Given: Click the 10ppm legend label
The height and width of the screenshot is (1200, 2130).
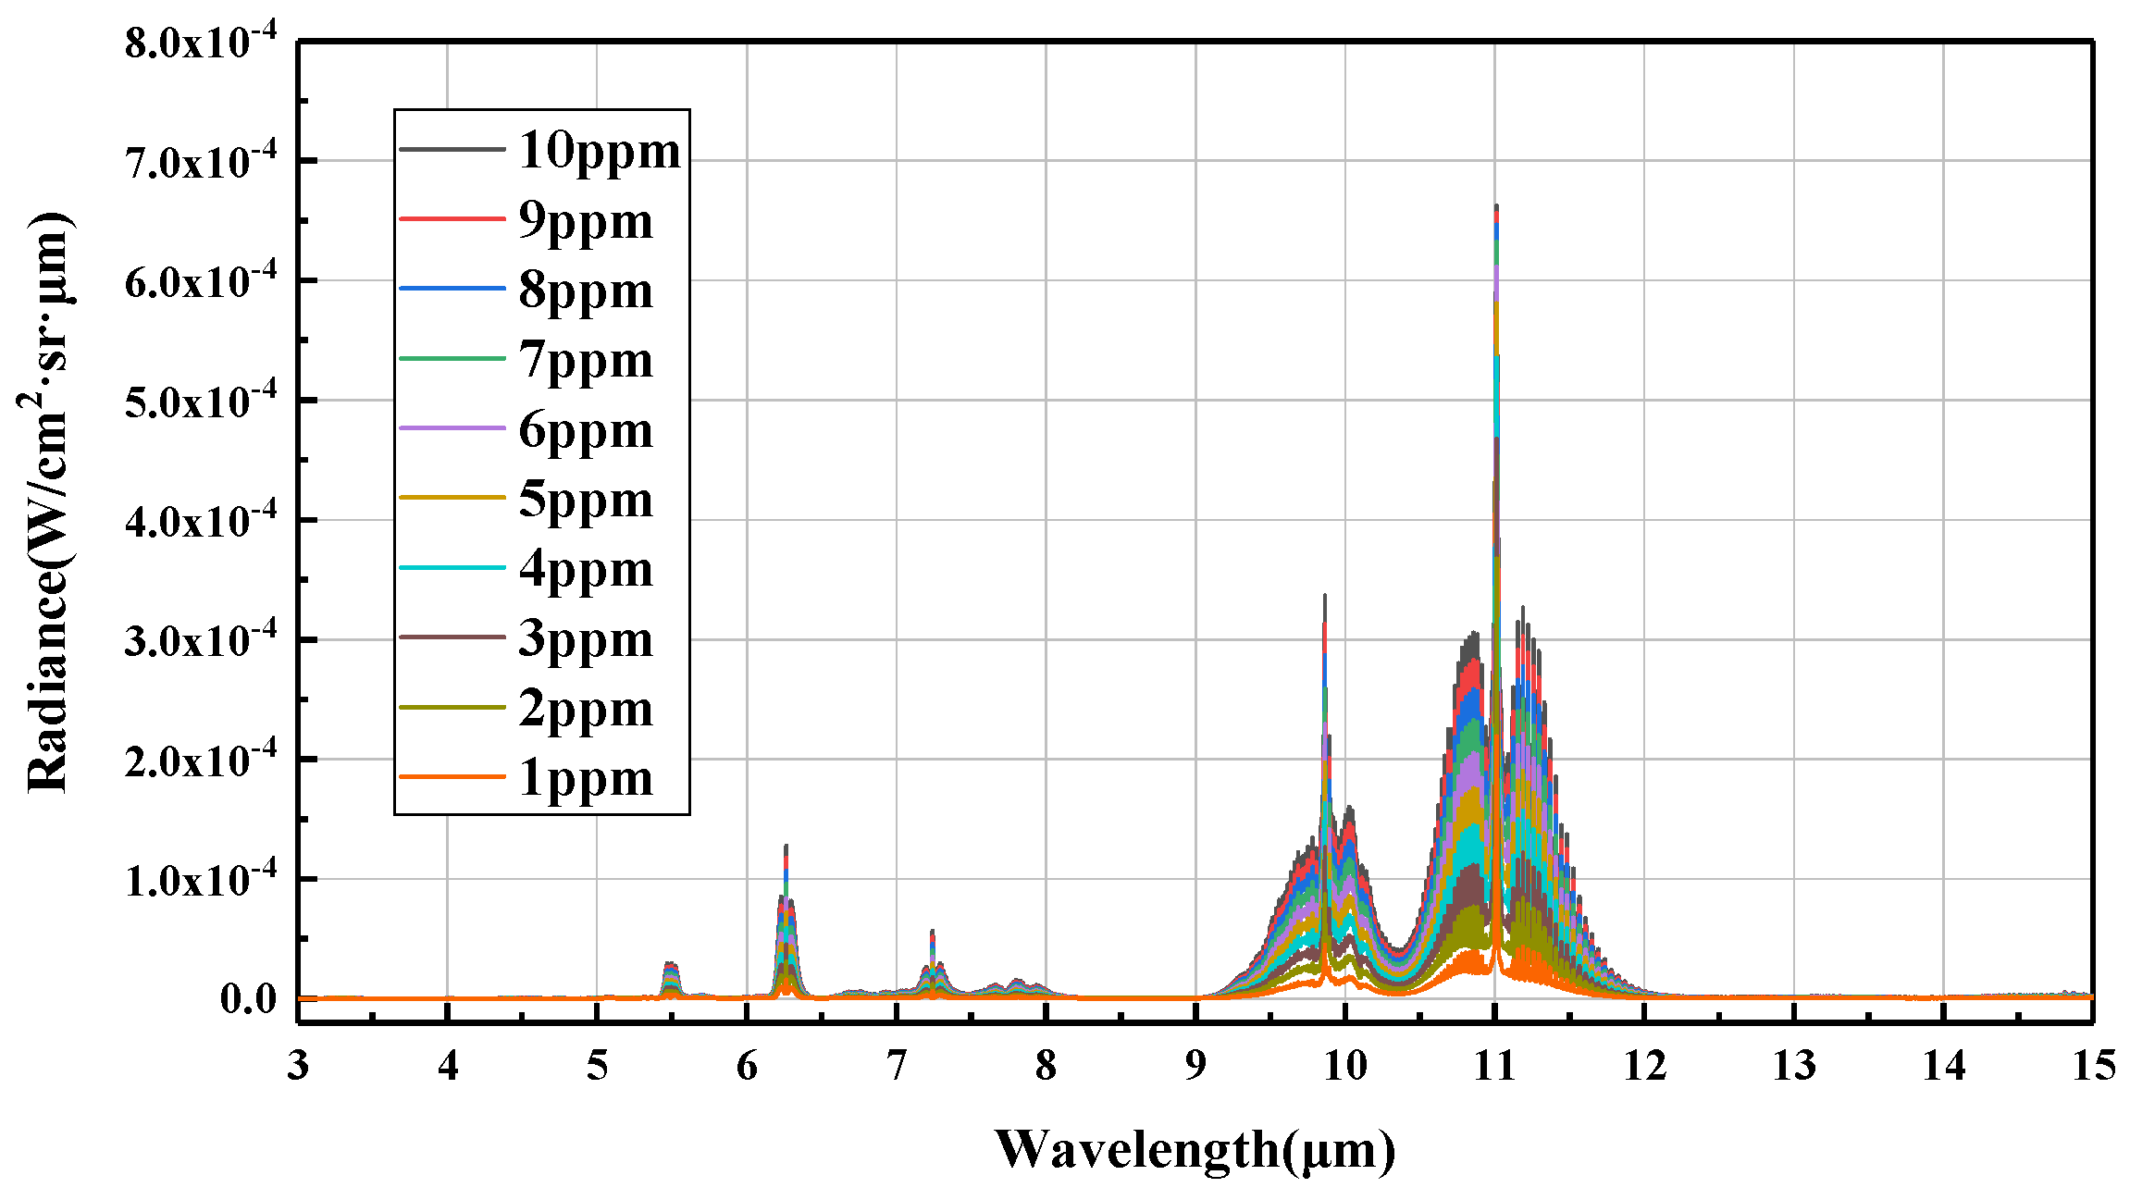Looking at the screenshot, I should tap(599, 151).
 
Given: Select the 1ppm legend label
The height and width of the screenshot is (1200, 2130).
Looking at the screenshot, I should tap(585, 778).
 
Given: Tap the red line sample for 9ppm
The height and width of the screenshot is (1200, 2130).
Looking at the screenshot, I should tap(452, 219).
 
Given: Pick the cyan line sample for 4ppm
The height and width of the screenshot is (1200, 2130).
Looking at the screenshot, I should tap(452, 567).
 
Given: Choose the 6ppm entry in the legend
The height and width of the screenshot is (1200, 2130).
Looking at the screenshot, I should tap(585, 431).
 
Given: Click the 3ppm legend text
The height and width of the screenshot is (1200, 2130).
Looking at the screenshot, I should tap(585, 639).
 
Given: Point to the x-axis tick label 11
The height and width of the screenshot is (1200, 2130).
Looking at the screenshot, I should tap(1494, 1067).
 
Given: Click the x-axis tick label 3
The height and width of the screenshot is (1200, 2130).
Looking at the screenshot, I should tap(298, 1067).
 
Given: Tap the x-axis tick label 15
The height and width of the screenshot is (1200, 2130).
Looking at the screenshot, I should tap(2093, 1067).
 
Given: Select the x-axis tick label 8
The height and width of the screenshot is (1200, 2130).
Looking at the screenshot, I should tap(1046, 1067).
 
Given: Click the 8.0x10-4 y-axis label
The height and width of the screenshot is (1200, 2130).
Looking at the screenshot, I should tap(200, 43).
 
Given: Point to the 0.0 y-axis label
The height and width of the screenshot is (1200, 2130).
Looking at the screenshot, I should tap(248, 998).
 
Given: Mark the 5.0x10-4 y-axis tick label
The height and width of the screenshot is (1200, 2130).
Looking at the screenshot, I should tap(200, 402).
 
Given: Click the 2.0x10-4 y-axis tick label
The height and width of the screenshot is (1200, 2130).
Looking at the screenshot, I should tap(200, 761).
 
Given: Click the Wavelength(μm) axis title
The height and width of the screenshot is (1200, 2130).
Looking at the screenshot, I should tap(1195, 1150).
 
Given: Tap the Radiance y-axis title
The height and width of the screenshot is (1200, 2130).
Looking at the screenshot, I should tap(48, 504).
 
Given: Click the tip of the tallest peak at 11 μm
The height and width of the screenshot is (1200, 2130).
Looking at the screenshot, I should tap(1496, 207).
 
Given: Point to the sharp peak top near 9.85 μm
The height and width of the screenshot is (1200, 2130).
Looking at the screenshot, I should tap(1325, 597).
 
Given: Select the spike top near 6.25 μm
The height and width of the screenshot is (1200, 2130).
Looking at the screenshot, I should tap(786, 847).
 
